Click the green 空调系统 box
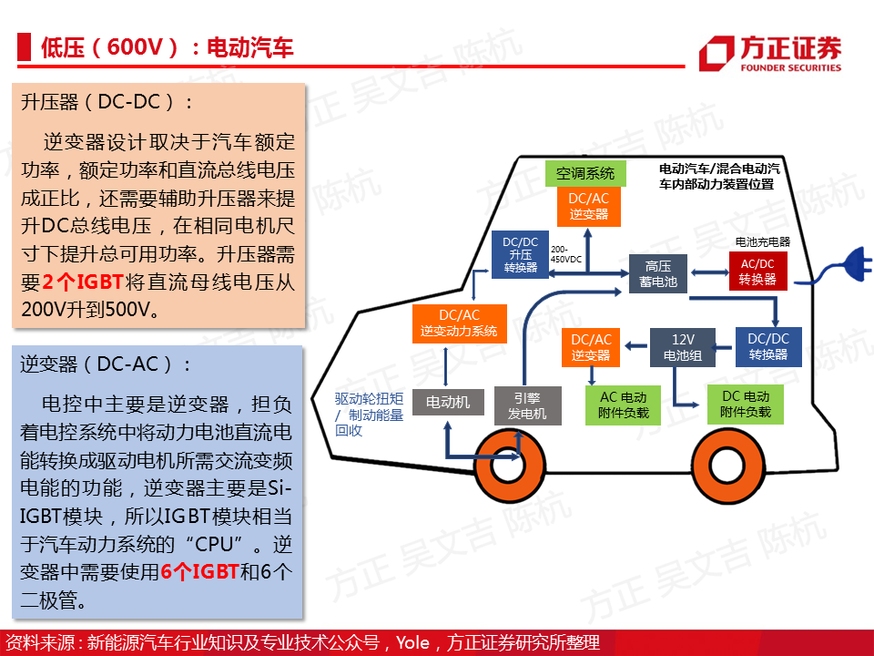(585, 173)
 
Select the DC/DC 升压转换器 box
(520, 254)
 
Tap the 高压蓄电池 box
(657, 274)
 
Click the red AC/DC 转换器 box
(757, 272)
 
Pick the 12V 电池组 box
(683, 347)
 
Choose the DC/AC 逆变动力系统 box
(459, 323)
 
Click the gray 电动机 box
(448, 402)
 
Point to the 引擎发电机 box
(527, 405)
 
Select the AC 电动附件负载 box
(623, 405)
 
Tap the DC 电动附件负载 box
(746, 405)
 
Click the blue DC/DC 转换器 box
(768, 347)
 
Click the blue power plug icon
(856, 264)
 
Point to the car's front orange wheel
(509, 466)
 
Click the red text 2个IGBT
(83, 282)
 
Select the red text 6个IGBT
(200, 572)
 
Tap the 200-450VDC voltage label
(565, 254)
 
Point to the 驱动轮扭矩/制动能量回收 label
(369, 415)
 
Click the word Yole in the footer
(412, 642)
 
